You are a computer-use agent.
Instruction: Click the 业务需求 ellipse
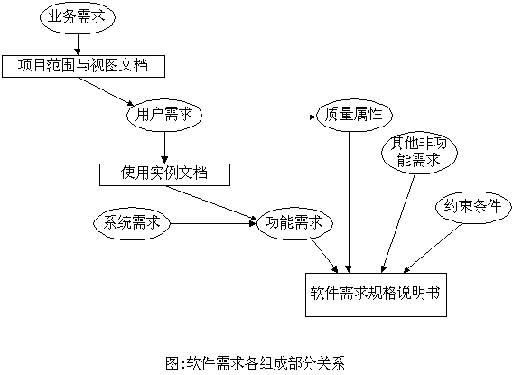[x=78, y=17]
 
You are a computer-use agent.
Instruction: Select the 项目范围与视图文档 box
[x=83, y=67]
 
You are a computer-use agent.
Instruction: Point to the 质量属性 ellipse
[x=354, y=115]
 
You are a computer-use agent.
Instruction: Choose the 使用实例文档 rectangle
[x=164, y=174]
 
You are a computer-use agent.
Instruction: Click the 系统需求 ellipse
[x=132, y=223]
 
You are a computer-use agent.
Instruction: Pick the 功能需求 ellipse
[x=294, y=223]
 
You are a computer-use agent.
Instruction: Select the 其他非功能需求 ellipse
[x=419, y=153]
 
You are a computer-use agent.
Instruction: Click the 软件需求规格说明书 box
[x=376, y=295]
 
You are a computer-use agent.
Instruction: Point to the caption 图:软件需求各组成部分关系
[x=256, y=364]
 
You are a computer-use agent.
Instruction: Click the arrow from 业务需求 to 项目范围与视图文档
[x=78, y=44]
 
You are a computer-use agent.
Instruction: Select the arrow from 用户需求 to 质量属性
[x=259, y=117]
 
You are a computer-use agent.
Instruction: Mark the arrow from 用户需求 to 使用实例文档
[x=164, y=147]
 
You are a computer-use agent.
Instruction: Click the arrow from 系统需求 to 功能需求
[x=213, y=223]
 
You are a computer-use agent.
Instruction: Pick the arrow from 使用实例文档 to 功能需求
[x=211, y=203]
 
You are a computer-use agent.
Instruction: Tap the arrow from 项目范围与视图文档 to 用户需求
[x=106, y=91]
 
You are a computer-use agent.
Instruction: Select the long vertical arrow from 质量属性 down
[x=350, y=202]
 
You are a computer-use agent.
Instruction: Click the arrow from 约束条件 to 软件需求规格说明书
[x=433, y=248]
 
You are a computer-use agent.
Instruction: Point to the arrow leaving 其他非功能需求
[x=398, y=224]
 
